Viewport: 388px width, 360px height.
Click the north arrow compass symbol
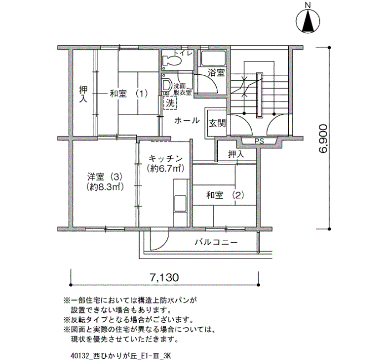(x=308, y=21)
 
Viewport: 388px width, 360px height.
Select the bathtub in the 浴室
(x=213, y=58)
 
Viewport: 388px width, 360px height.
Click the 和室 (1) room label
(x=129, y=94)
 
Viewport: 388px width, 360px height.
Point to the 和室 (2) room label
(x=225, y=196)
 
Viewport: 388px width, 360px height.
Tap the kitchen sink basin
(x=180, y=203)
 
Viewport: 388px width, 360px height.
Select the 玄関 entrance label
(x=217, y=124)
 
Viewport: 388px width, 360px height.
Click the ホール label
(x=187, y=121)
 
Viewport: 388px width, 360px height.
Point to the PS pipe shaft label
(x=259, y=141)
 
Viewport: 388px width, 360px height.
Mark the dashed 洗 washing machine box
(x=170, y=102)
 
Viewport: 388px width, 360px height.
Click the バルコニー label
(x=216, y=242)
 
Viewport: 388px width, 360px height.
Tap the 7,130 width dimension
(x=164, y=277)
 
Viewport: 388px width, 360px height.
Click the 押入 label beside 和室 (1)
(x=83, y=94)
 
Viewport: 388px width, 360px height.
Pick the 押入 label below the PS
(x=236, y=155)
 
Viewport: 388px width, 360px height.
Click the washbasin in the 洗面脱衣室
(x=167, y=85)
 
